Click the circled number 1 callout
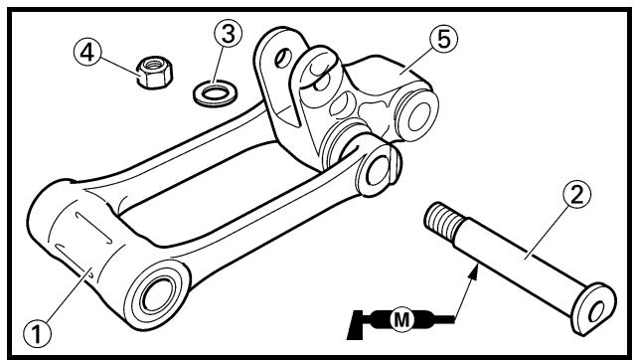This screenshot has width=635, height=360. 37,335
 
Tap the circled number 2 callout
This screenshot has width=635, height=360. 576,194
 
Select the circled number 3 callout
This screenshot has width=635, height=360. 228,33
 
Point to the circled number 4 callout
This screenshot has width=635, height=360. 87,53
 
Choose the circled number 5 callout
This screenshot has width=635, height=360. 443,39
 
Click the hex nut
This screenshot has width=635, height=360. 154,72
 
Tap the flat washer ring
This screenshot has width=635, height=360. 215,93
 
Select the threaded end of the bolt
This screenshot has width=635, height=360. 444,221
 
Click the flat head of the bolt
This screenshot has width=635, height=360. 593,309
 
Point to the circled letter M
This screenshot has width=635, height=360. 401,320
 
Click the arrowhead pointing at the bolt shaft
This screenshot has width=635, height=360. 473,270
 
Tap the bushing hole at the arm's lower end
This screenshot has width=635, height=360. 158,294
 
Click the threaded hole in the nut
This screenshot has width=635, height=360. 153,64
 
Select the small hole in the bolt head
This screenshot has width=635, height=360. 596,311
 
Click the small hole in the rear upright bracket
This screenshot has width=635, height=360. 282,58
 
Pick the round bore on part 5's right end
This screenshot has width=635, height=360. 418,116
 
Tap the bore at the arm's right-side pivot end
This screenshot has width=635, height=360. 377,171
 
